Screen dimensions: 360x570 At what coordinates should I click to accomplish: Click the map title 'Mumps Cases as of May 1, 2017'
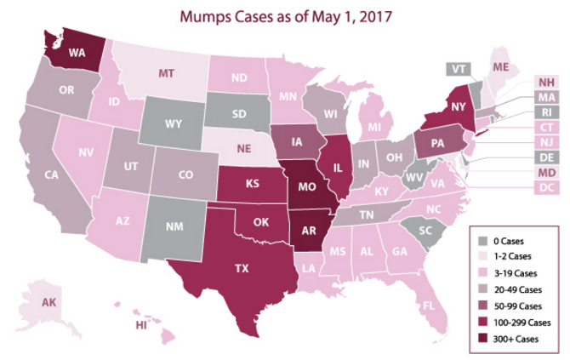284,15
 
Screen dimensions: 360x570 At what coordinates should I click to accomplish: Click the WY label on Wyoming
174,123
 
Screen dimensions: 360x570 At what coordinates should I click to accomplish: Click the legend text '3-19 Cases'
518,272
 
